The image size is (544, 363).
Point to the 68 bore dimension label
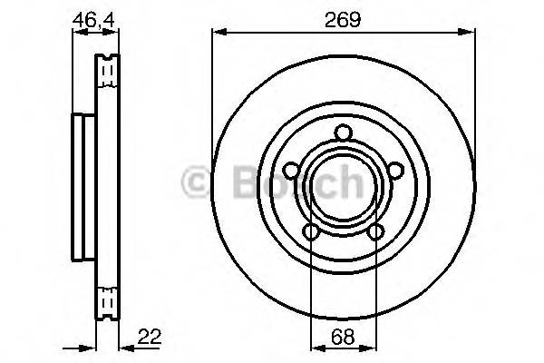point(344,335)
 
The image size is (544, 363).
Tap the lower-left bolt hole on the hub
point(311,234)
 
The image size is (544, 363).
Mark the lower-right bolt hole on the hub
point(375,234)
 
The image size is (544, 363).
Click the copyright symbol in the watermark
point(198,182)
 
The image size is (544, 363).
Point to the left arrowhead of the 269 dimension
point(216,33)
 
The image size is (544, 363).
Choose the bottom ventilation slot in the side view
point(107,299)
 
